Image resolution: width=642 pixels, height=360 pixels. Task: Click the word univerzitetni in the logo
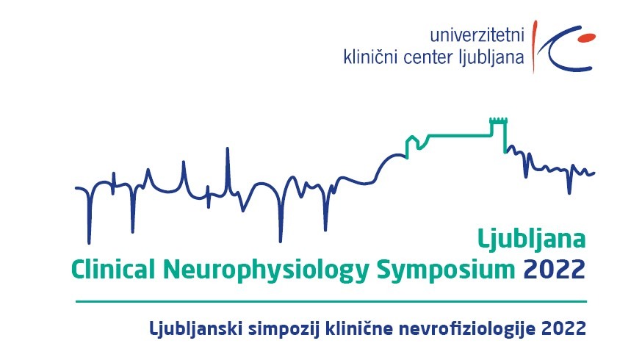[477, 35]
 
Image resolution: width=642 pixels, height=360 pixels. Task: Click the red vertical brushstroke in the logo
[534, 46]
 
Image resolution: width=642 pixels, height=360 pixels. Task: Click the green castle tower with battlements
[499, 134]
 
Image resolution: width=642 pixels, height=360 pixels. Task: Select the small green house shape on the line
[413, 146]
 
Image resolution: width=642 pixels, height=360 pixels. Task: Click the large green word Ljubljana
[532, 240]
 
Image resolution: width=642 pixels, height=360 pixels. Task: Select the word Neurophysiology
[266, 271]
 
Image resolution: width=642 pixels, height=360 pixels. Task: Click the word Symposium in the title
[445, 271]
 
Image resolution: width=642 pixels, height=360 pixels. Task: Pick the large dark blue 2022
[555, 270]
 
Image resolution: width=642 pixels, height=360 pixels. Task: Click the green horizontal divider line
[331, 302]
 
